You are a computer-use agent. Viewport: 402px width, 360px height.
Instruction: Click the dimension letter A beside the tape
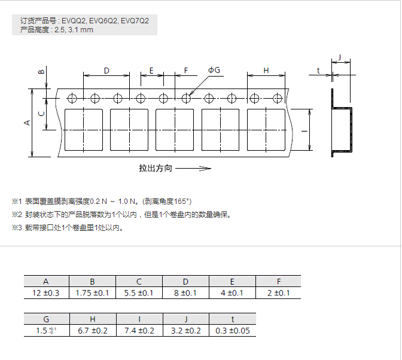click(26, 123)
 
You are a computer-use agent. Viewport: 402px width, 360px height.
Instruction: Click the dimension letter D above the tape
click(106, 71)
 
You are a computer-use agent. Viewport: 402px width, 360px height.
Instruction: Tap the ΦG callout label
click(214, 71)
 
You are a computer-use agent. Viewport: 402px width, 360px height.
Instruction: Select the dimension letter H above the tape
click(266, 71)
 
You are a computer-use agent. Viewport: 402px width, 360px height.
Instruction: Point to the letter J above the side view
click(339, 57)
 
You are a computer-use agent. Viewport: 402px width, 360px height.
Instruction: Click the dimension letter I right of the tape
click(304, 130)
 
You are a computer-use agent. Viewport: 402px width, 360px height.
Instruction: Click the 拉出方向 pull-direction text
click(156, 169)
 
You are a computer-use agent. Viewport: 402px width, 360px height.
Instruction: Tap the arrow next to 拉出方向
click(193, 169)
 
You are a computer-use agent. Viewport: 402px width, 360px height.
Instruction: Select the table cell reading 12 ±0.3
click(46, 293)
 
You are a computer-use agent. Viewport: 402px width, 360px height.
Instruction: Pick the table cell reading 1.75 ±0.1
click(92, 293)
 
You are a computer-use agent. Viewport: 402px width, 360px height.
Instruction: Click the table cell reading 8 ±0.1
click(185, 293)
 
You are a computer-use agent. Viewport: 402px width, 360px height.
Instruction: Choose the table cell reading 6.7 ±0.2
click(92, 331)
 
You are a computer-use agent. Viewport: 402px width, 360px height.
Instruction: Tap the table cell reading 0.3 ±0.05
click(232, 331)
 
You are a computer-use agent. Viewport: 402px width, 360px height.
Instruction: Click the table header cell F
click(278, 281)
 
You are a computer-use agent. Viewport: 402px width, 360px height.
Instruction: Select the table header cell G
click(46, 319)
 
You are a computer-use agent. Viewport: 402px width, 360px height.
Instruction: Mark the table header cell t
click(232, 319)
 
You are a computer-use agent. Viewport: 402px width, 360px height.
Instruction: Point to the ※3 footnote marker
click(17, 227)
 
